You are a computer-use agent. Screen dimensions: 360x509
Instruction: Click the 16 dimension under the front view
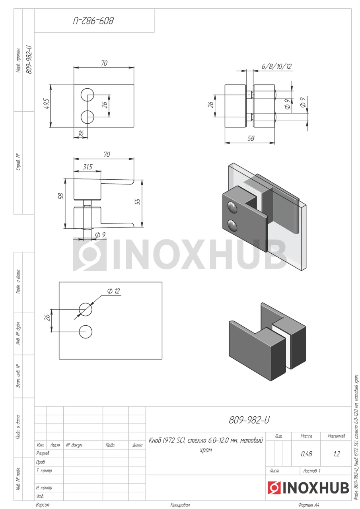click(81, 133)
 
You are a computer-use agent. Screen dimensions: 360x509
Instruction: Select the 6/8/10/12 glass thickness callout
click(276, 66)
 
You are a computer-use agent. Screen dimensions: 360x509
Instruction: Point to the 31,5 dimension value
click(88, 167)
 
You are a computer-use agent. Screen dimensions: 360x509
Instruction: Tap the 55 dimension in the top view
click(138, 202)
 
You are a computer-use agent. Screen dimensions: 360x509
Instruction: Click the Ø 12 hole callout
click(113, 291)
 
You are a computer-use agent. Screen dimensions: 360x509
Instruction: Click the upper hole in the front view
click(87, 95)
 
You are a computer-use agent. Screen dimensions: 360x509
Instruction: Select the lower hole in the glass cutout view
click(86, 332)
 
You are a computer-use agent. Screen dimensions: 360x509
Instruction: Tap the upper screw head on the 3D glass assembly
click(232, 207)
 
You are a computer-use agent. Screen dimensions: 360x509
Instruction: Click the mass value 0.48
click(306, 454)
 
